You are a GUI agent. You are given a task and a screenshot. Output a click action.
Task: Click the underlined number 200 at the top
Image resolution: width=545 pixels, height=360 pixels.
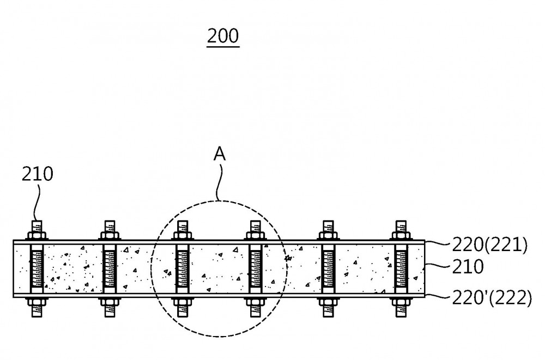click(x=223, y=36)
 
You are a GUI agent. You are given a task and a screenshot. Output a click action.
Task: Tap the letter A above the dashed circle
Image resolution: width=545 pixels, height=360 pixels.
click(x=219, y=154)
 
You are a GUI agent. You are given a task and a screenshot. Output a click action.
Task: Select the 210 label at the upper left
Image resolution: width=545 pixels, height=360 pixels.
click(x=37, y=174)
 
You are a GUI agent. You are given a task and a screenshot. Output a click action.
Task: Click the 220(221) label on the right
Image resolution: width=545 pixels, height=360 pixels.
click(x=489, y=245)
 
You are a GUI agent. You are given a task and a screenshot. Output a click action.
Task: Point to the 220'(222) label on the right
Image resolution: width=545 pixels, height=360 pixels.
click(x=492, y=298)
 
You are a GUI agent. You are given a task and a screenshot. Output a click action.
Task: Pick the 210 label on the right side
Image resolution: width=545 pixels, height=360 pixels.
click(x=468, y=266)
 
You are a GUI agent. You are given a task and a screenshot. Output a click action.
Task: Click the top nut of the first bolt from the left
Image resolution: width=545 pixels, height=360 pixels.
click(x=37, y=236)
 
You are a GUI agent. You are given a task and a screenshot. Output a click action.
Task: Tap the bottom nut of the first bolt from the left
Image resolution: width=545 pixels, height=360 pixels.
click(x=37, y=302)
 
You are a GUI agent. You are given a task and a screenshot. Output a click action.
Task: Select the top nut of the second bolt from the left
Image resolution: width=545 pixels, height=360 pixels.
click(x=110, y=236)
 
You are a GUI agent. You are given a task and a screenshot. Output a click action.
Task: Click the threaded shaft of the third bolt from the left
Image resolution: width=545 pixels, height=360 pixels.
click(x=183, y=269)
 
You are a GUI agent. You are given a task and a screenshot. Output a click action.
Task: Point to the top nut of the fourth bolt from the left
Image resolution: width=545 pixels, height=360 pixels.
click(x=256, y=236)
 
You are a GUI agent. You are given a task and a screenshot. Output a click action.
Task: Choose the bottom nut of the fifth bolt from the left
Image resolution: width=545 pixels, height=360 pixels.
click(x=329, y=302)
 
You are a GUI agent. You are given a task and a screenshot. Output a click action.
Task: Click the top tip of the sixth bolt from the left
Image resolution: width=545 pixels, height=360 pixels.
click(x=402, y=221)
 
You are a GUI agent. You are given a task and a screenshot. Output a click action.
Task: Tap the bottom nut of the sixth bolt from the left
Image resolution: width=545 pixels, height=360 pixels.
click(x=402, y=302)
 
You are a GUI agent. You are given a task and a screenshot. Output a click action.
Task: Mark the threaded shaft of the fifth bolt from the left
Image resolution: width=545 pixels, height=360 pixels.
click(x=329, y=269)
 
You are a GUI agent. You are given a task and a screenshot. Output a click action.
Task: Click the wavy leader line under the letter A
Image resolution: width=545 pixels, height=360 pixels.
click(x=219, y=182)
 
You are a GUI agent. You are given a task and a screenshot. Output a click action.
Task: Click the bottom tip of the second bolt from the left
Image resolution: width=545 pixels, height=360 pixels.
click(x=110, y=316)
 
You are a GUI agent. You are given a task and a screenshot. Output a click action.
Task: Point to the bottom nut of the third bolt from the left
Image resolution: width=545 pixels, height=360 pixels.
click(x=183, y=302)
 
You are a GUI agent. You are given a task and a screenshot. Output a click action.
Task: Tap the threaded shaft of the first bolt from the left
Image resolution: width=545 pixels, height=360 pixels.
click(x=37, y=269)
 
